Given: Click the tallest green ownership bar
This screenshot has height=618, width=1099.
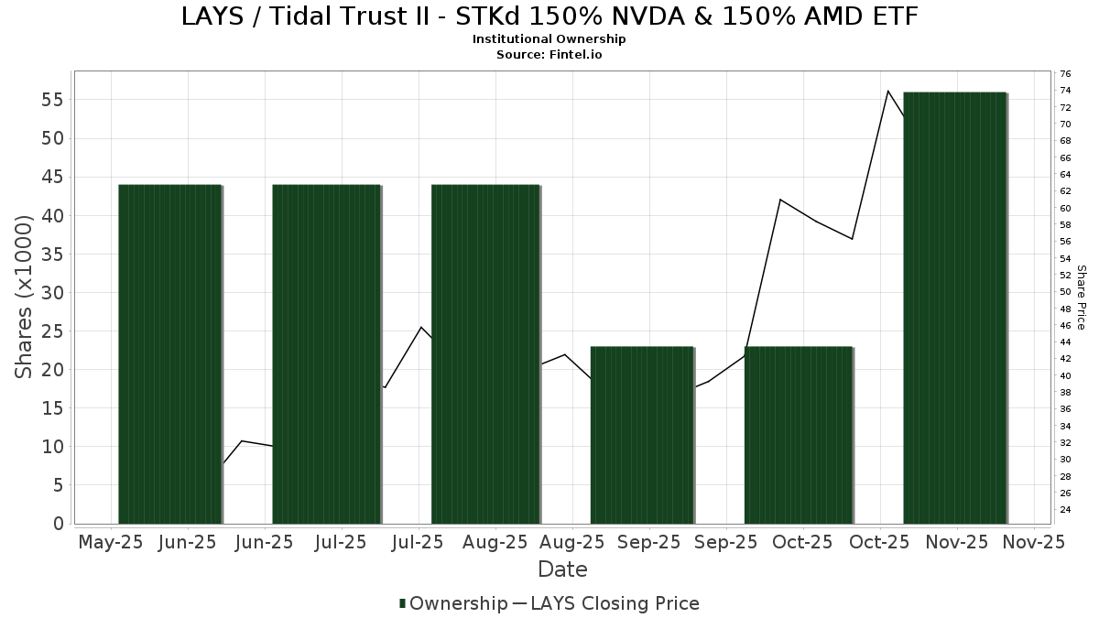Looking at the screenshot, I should coord(954,308).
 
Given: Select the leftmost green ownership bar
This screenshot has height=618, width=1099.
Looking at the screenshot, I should coord(170,353).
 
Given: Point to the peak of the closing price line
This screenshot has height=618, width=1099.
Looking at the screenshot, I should coord(887,91).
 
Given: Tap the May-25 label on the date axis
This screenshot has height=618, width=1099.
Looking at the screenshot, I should coord(111,542).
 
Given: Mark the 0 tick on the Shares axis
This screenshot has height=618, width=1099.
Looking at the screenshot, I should coord(58,524).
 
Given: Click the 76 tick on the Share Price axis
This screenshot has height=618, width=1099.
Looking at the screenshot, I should coord(1065,73).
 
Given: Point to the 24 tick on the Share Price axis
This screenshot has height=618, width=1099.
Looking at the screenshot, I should coord(1065,509).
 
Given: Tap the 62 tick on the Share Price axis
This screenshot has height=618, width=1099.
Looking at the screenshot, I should coord(1065,190).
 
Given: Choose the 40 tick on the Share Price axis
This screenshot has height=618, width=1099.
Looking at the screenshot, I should coord(1065,375).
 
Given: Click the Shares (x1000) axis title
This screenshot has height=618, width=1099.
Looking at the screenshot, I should coord(25,296).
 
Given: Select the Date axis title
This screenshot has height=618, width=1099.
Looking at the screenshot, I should coord(562,569).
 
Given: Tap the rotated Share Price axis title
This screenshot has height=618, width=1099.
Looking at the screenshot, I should coord(1081,297).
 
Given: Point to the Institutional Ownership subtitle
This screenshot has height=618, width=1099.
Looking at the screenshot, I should coord(549,39).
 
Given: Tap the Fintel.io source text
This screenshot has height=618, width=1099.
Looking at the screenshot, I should coord(576,54).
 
